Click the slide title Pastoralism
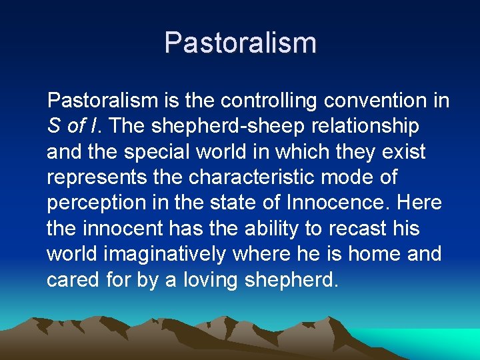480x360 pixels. tap(240, 43)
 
